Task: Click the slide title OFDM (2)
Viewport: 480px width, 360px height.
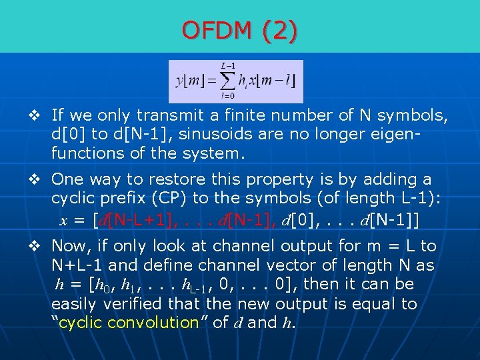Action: (x=240, y=30)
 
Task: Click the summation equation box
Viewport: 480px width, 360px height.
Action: (x=236, y=81)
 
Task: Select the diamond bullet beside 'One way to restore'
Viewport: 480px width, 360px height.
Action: (x=38, y=180)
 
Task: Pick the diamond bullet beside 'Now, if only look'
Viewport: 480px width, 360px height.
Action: (x=38, y=246)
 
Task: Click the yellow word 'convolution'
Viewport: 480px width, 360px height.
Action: (x=153, y=323)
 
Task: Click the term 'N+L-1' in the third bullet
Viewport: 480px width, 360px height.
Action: (x=77, y=265)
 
